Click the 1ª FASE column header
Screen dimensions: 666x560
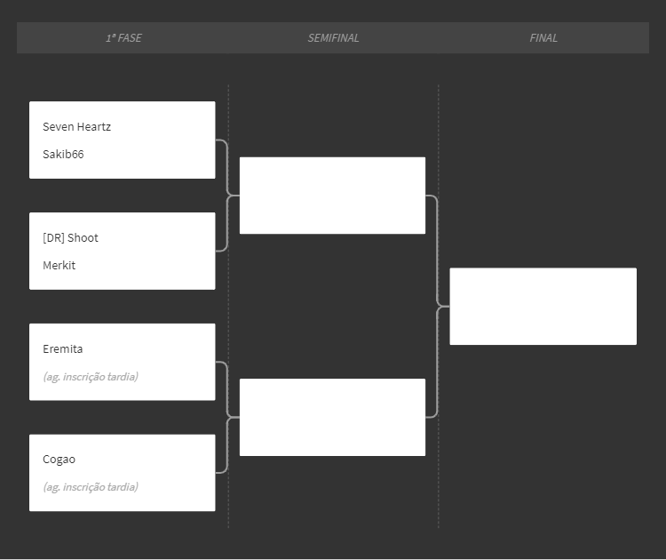[x=123, y=38]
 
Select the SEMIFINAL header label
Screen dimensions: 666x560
[x=333, y=38]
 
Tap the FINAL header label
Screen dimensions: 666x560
[x=543, y=38]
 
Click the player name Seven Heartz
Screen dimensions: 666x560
[x=77, y=127]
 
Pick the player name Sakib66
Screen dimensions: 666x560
[x=63, y=154]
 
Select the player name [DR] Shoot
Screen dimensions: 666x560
[x=70, y=237]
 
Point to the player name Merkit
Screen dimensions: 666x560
[x=59, y=265]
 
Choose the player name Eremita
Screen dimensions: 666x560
[x=63, y=349]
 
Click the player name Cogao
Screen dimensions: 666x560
[x=59, y=460]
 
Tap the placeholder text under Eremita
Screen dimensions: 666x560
[x=91, y=377]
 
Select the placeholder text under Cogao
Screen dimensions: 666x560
[x=91, y=487]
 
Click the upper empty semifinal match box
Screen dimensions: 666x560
[x=333, y=196]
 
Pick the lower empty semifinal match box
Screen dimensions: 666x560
[x=333, y=417]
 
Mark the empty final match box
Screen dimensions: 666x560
[x=543, y=306]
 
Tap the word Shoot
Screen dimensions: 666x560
[x=83, y=237]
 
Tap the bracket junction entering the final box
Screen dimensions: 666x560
[x=443, y=306]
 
